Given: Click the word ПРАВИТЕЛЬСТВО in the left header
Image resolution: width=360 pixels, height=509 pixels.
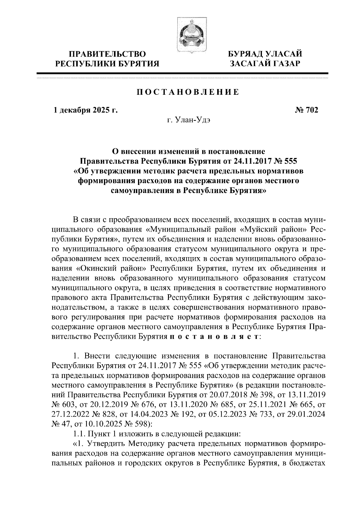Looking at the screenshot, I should (108, 54).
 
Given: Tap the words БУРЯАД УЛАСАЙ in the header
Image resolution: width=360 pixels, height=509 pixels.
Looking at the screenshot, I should (265, 54).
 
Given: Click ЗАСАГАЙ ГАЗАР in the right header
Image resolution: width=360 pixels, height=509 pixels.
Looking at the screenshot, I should (265, 64).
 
